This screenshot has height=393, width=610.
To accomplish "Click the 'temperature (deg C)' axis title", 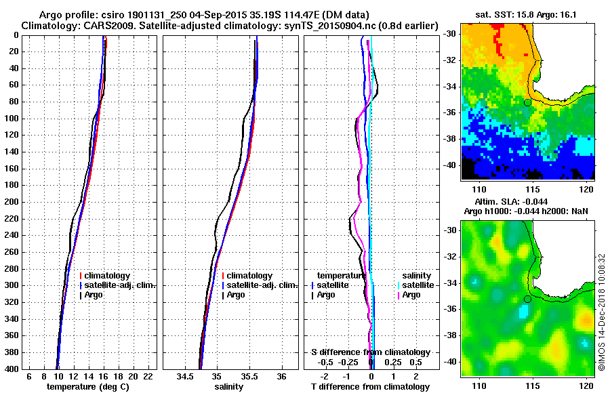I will (87, 387).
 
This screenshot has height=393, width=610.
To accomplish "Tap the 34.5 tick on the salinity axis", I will (185, 376).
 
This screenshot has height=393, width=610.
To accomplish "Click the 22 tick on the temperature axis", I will (148, 376).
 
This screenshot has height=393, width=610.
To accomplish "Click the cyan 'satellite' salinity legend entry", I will (415, 285).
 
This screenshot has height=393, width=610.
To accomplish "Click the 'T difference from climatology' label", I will (370, 387).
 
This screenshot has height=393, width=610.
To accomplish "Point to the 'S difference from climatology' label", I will (370, 352).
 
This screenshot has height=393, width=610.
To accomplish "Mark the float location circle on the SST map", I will (527, 102).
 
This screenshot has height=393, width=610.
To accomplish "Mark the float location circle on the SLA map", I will (527, 299).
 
